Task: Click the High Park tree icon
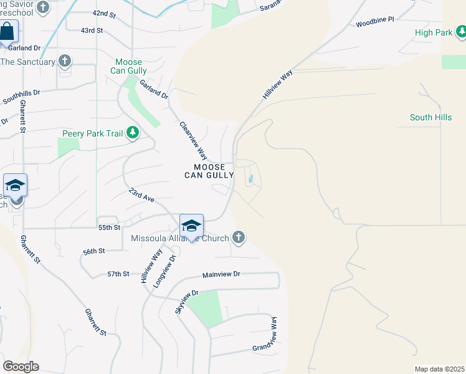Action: click(460, 31)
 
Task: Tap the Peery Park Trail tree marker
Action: click(132, 133)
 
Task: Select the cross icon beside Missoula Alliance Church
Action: click(237, 237)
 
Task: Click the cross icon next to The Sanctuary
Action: click(64, 61)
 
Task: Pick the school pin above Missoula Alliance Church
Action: click(191, 226)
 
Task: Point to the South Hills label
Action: click(430, 117)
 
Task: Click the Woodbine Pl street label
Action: click(375, 22)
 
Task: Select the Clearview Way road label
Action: click(193, 140)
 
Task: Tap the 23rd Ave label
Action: click(141, 196)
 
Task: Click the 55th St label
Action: click(109, 228)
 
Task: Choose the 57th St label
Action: click(118, 274)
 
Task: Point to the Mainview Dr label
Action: click(221, 274)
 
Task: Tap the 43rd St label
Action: click(92, 30)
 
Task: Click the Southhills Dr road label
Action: click(21, 98)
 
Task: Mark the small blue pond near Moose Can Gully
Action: click(250, 180)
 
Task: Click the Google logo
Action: click(21, 367)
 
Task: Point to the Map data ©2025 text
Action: click(439, 369)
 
